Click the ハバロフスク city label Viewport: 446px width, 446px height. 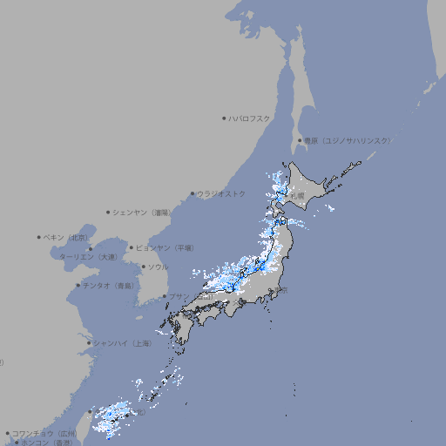(x=250, y=118)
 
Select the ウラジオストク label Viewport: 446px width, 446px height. (x=221, y=194)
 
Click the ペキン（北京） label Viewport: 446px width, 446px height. (x=66, y=237)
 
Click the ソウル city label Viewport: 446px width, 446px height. (x=158, y=267)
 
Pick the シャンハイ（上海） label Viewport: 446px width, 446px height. (x=122, y=343)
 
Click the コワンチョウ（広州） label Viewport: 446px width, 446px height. (x=44, y=433)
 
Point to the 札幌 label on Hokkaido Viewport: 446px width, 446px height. (x=297, y=196)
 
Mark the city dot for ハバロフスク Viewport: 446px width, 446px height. (x=224, y=118)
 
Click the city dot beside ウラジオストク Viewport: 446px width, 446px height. (x=193, y=194)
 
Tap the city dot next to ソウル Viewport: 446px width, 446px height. (x=142, y=267)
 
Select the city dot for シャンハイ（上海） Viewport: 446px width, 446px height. (x=89, y=343)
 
